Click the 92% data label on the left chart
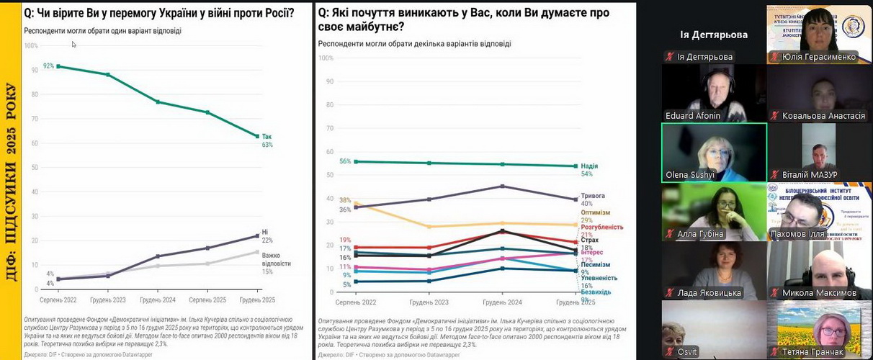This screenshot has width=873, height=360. pyautogui.click(x=48, y=66)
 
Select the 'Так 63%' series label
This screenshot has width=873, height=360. pyautogui.click(x=267, y=140)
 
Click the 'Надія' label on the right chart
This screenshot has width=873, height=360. pyautogui.click(x=588, y=166)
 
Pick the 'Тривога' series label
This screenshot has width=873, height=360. pyautogui.click(x=592, y=196)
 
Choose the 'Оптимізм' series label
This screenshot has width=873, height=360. pyautogui.click(x=595, y=212)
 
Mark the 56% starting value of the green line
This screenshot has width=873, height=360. pyautogui.click(x=345, y=161)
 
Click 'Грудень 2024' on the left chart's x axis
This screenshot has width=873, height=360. pyautogui.click(x=158, y=299)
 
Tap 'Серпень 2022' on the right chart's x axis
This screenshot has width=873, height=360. pyautogui.click(x=356, y=302)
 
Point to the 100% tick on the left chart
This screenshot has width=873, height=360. pyautogui.click(x=31, y=45)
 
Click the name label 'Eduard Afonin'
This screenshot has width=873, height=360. pyautogui.click(x=693, y=115)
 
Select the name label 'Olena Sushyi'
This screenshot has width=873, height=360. pyautogui.click(x=690, y=174)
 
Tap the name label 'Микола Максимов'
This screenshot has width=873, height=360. pyautogui.click(x=819, y=292)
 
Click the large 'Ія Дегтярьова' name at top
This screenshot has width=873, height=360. pyautogui.click(x=713, y=35)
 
